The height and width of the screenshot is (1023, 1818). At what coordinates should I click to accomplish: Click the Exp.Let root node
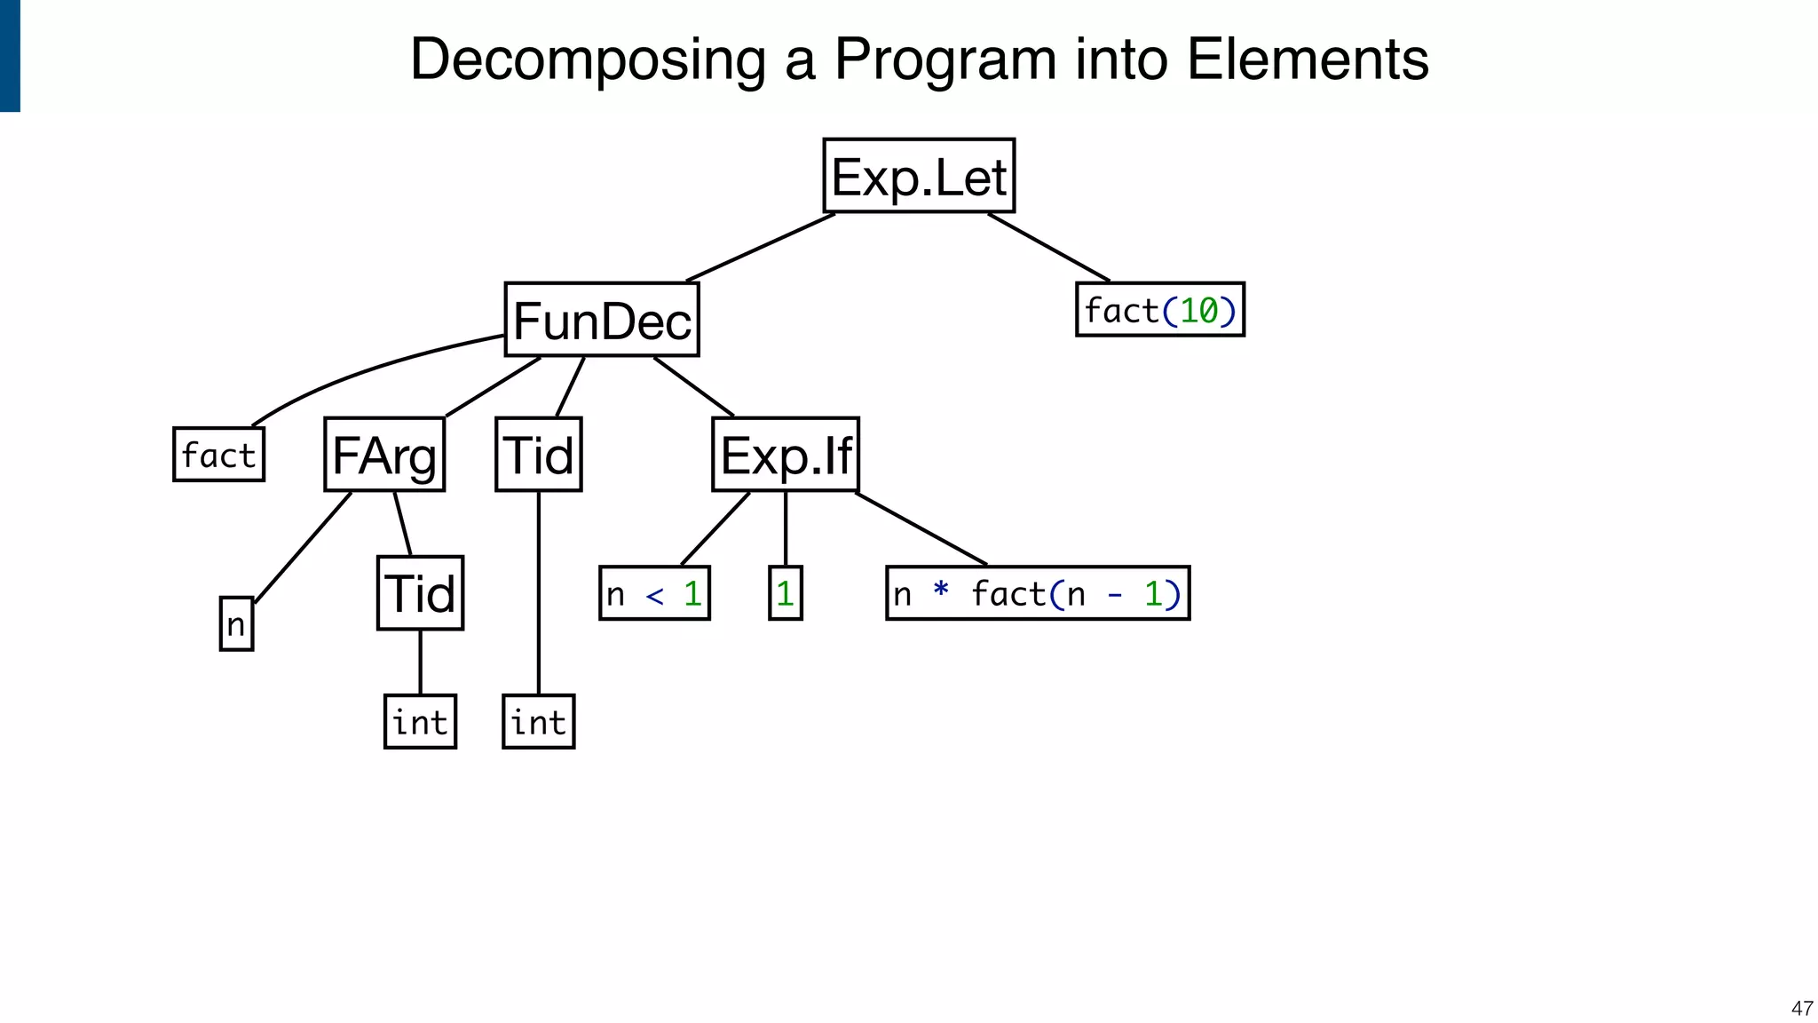(x=919, y=176)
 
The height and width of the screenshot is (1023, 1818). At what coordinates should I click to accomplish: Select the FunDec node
(x=602, y=320)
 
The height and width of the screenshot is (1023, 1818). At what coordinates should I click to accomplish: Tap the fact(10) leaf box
(x=1159, y=310)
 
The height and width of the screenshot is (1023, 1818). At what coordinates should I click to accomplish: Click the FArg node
(x=384, y=455)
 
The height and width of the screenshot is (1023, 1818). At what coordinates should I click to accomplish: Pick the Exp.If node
(x=786, y=455)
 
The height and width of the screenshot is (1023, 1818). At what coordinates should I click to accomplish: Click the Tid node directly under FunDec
(x=539, y=455)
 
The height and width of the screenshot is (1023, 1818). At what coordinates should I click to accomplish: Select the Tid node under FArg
(x=420, y=593)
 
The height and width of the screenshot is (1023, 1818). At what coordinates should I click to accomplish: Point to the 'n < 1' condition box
(x=654, y=593)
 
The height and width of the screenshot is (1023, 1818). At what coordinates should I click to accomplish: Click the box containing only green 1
(x=785, y=593)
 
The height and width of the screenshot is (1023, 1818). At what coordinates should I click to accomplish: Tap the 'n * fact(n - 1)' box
(x=1038, y=593)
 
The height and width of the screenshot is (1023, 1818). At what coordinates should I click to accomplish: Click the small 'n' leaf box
(x=236, y=624)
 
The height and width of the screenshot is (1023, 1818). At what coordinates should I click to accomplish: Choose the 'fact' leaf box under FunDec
(x=218, y=455)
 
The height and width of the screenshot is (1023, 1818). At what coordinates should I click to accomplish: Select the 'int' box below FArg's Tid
(x=420, y=722)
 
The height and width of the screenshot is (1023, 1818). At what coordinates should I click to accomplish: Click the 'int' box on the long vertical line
(x=538, y=722)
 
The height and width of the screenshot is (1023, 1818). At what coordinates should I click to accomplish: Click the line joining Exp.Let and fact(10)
(x=1048, y=247)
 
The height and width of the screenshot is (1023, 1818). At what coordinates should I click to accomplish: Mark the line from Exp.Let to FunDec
(x=760, y=248)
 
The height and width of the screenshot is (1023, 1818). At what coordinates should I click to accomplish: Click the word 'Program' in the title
(x=945, y=59)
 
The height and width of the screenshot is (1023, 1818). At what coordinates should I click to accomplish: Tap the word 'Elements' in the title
(x=1307, y=59)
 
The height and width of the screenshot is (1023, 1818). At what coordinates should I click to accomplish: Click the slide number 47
(x=1801, y=1008)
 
